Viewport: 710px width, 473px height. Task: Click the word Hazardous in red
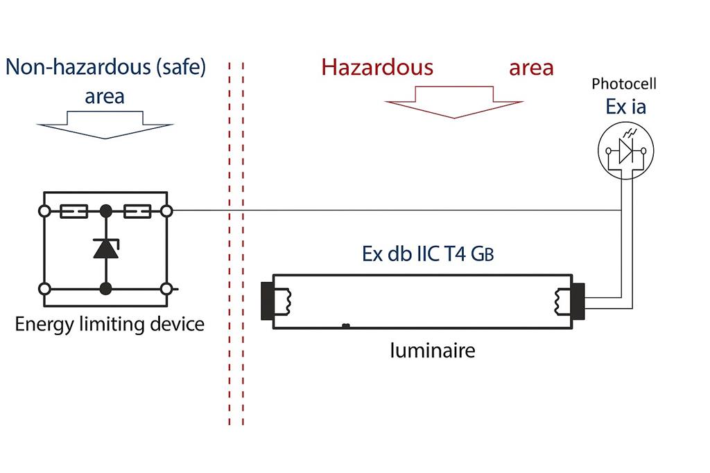pyautogui.click(x=377, y=67)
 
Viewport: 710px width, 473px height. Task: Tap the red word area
pyautogui.click(x=531, y=67)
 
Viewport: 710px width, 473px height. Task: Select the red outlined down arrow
pyautogui.click(x=453, y=102)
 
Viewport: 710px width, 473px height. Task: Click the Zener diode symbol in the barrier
pyautogui.click(x=105, y=248)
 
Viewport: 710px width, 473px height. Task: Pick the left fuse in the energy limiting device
pyautogui.click(x=74, y=210)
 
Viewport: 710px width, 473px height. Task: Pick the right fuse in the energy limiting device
pyautogui.click(x=137, y=210)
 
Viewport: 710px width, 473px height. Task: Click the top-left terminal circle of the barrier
pyautogui.click(x=44, y=210)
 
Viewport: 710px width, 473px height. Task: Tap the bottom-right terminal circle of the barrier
pyautogui.click(x=166, y=289)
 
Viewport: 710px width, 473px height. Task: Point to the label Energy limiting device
pyautogui.click(x=110, y=323)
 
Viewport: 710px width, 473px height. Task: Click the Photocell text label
pyautogui.click(x=624, y=84)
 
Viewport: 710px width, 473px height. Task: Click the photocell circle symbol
pyautogui.click(x=625, y=152)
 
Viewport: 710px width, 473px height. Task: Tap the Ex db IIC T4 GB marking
pyautogui.click(x=428, y=254)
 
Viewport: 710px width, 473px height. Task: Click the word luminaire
pyautogui.click(x=431, y=350)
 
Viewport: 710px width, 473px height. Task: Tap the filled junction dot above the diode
pyautogui.click(x=105, y=210)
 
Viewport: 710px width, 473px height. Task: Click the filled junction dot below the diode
pyautogui.click(x=105, y=289)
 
